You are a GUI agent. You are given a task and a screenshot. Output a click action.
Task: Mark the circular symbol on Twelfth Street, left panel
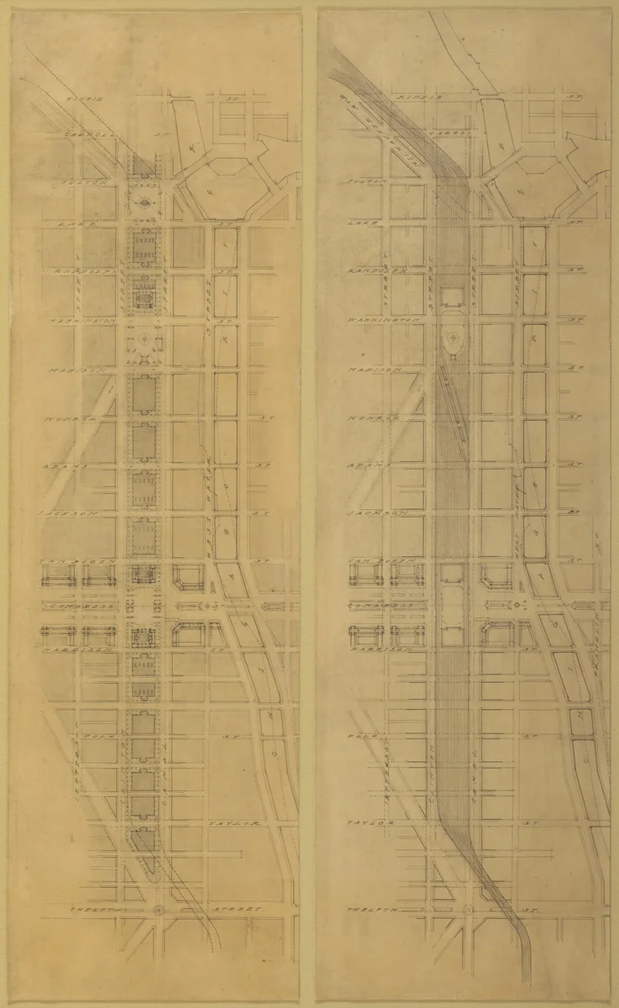coord(159,910)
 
